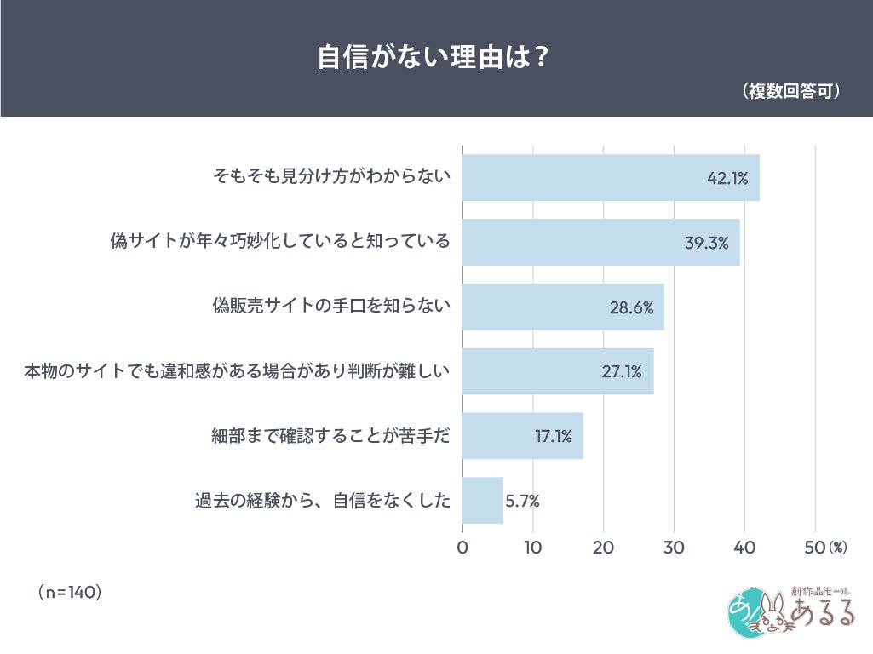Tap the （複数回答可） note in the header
791,91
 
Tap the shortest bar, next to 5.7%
482,501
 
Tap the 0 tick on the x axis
462,548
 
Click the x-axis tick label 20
604,548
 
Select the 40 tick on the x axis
744,548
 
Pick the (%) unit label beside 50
837,548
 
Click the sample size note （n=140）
70,592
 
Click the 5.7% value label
522,501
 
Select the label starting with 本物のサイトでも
237,371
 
